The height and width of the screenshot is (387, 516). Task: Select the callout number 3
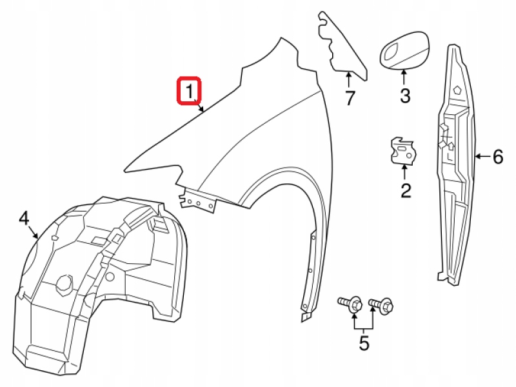coord(404,97)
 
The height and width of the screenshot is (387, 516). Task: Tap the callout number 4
coord(24,218)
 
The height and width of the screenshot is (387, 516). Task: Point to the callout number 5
coord(364,343)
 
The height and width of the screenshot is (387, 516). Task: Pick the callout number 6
coord(497,156)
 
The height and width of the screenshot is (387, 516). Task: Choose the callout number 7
coord(349,99)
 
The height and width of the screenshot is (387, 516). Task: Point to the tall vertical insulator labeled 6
coord(457,161)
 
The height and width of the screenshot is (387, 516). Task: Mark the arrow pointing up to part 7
coord(349,81)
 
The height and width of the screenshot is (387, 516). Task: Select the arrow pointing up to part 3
coord(404,77)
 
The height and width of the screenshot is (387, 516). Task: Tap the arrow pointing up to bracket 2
coord(405,172)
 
